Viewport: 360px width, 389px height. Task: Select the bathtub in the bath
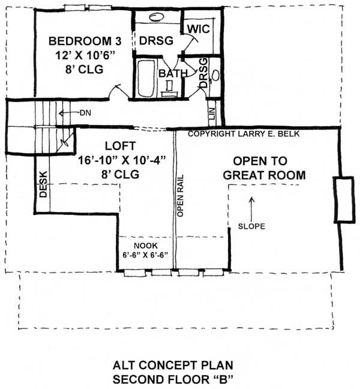click(x=145, y=77)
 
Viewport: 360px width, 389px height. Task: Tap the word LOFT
click(x=120, y=146)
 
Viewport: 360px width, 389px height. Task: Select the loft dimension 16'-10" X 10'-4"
click(x=121, y=160)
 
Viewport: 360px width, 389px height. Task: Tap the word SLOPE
click(x=251, y=226)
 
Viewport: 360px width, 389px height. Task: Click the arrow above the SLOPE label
click(x=251, y=204)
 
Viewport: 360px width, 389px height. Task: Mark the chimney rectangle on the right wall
click(x=342, y=200)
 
